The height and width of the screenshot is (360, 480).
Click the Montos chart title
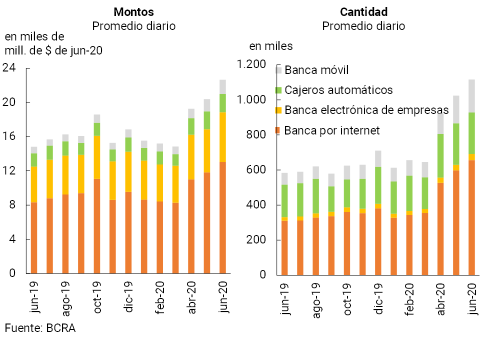click(x=133, y=12)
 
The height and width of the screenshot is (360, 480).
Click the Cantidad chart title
click(x=363, y=12)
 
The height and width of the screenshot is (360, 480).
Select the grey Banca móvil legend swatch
click(x=279, y=70)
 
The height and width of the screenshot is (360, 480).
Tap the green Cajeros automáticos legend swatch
click(x=279, y=90)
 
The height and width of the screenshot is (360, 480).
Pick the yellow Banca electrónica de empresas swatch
click(x=279, y=110)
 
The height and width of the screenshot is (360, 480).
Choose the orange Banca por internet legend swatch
click(x=279, y=130)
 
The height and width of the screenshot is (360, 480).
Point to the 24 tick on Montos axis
click(x=10, y=68)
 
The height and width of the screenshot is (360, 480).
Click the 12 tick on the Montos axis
click(x=10, y=171)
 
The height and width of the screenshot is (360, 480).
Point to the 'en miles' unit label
click(x=271, y=46)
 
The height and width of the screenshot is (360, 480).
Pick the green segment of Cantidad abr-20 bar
click(x=440, y=155)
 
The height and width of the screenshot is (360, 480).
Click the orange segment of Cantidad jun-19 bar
click(x=284, y=247)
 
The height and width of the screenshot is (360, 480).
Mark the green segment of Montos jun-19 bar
click(x=34, y=160)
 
